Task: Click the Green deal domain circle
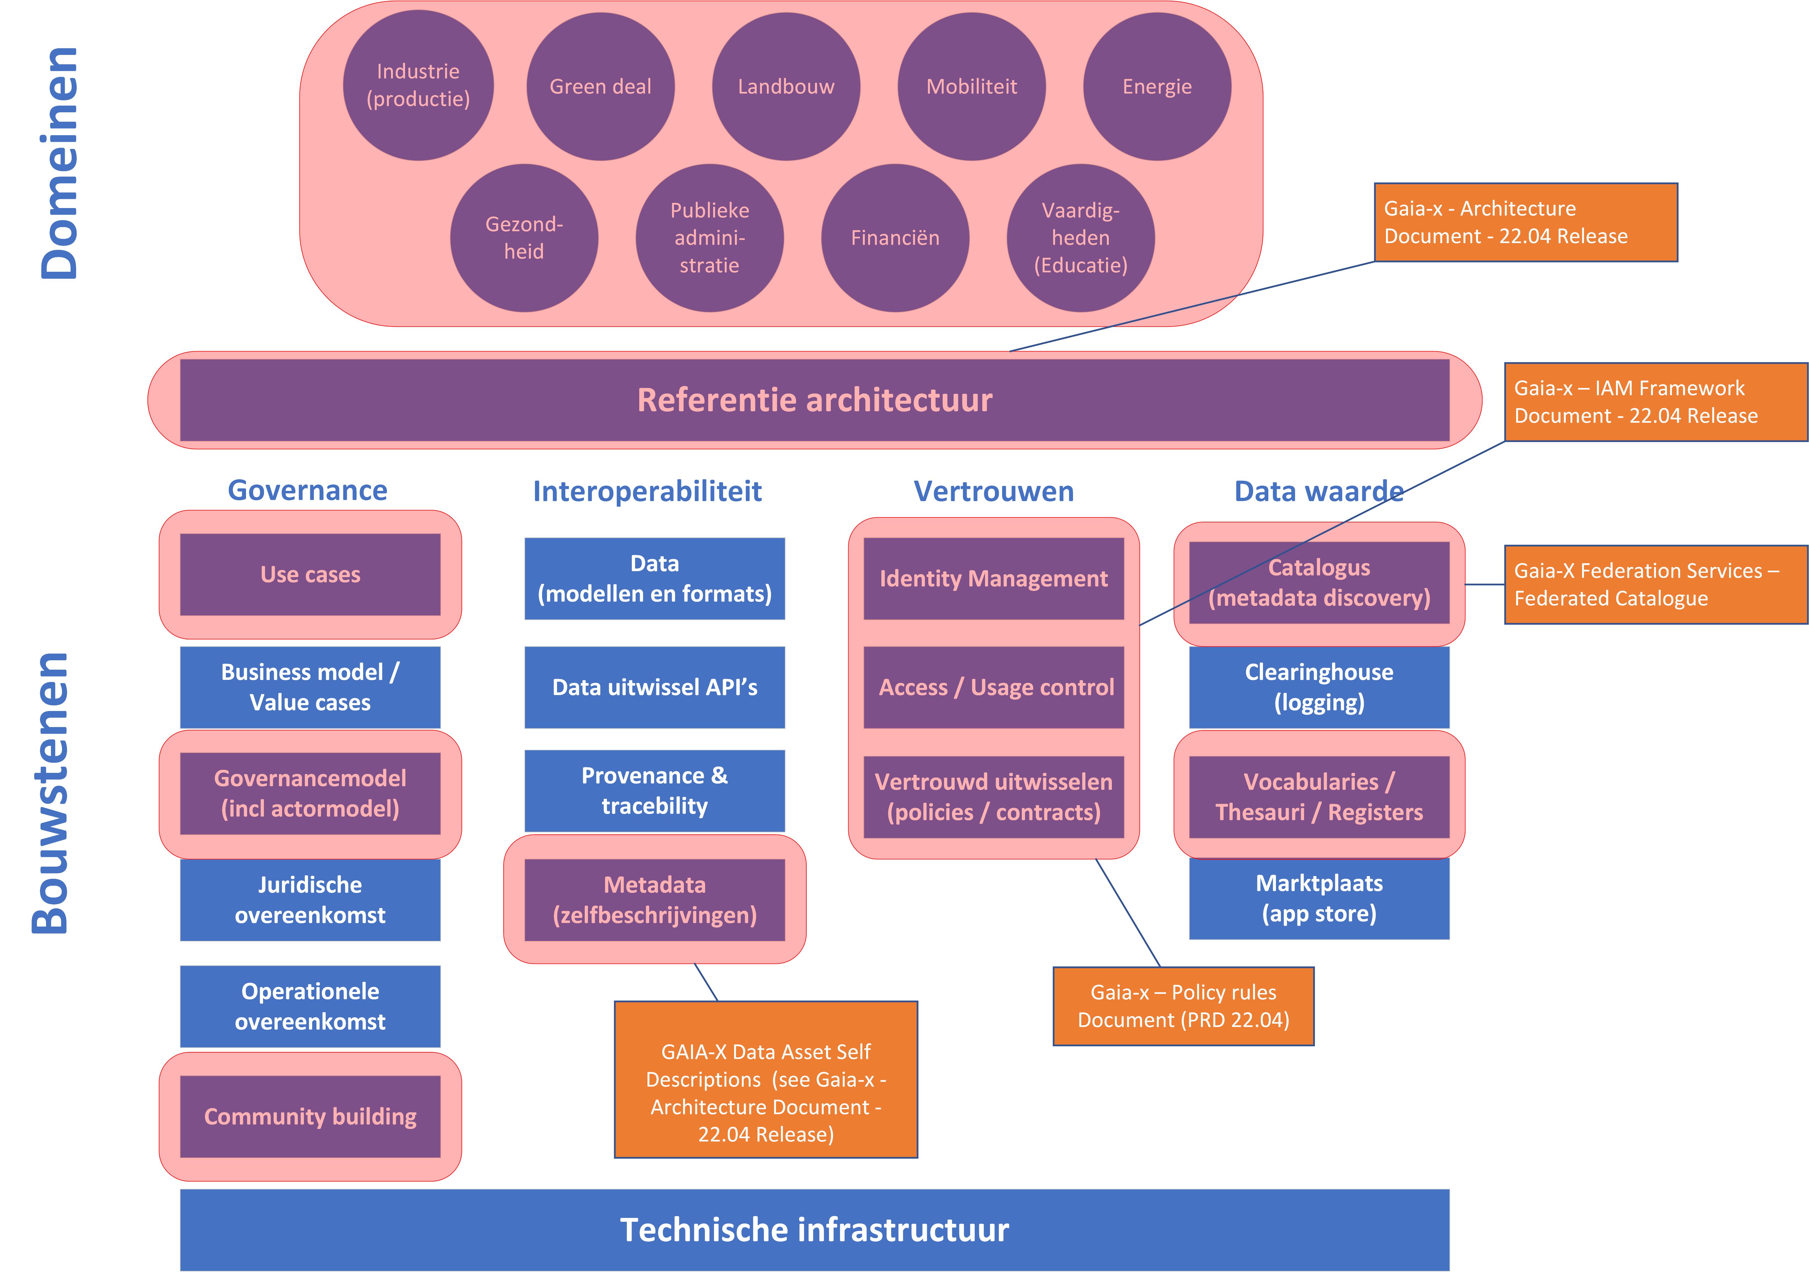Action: (x=600, y=87)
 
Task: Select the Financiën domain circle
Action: (x=895, y=238)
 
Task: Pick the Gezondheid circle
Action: (x=524, y=238)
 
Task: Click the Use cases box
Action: (x=311, y=574)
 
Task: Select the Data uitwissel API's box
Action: (x=655, y=687)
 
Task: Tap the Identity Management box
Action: (x=994, y=578)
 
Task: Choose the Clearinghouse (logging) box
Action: (x=1319, y=687)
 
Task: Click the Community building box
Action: (x=311, y=1117)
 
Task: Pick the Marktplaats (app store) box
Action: (x=1319, y=898)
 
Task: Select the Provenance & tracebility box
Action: (x=655, y=791)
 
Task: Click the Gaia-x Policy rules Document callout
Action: (x=1183, y=1006)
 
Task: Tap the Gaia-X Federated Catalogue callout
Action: (x=1656, y=585)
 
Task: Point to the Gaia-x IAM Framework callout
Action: (x=1656, y=402)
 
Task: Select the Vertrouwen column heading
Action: (x=994, y=491)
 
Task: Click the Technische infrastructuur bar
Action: (x=815, y=1230)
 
